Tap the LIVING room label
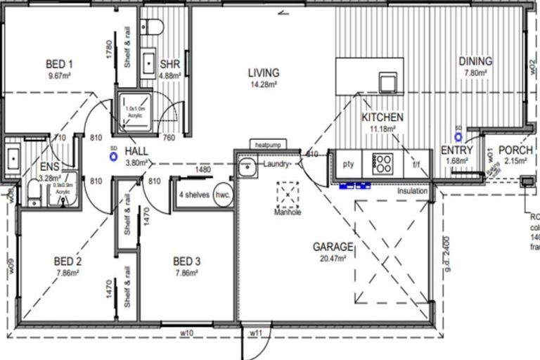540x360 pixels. (263, 72)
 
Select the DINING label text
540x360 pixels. (475, 62)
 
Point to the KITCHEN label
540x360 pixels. (382, 117)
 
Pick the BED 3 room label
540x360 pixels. (187, 262)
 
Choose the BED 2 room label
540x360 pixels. (68, 262)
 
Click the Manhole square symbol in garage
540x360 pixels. (288, 193)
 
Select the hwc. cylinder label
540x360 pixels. (224, 195)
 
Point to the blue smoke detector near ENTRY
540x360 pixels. (458, 135)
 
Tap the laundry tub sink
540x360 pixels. (245, 167)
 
